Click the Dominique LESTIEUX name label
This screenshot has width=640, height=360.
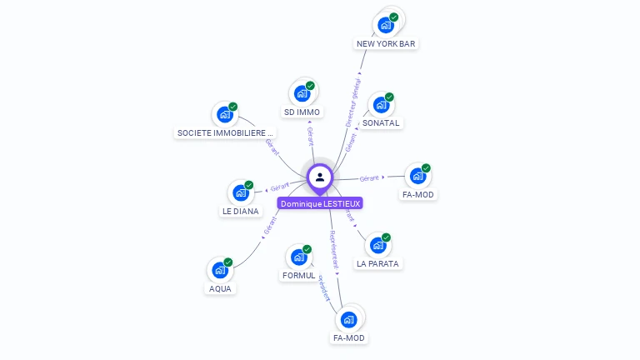tap(321, 203)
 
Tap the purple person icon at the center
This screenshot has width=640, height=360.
tap(320, 177)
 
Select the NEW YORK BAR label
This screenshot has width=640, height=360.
tap(386, 43)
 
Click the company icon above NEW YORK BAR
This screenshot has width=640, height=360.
tap(387, 24)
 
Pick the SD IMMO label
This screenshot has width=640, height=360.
tap(302, 112)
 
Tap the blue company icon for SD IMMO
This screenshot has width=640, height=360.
tap(302, 93)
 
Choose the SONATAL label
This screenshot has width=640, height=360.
tap(381, 122)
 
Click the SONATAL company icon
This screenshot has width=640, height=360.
tap(381, 105)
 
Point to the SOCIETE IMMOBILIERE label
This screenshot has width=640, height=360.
tap(225, 132)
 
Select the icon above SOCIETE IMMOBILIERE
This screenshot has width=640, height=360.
tap(225, 114)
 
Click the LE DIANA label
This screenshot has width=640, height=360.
tap(240, 212)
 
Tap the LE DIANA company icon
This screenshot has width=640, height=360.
tap(241, 192)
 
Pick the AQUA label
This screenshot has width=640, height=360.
tap(220, 288)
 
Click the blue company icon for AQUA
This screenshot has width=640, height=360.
tap(220, 270)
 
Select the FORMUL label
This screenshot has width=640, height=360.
tap(298, 275)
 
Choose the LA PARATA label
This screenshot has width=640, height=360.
tap(377, 263)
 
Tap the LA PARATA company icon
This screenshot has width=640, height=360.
tap(378, 246)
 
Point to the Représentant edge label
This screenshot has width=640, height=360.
tap(334, 249)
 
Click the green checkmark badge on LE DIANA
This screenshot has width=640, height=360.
tap(248, 185)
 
